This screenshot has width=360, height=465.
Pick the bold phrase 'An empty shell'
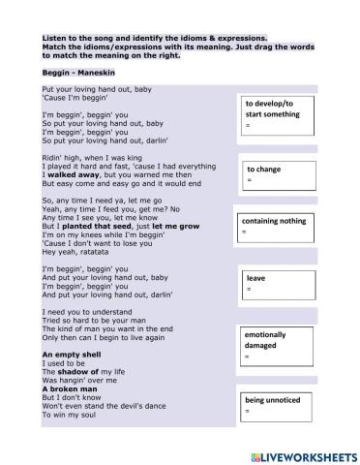(70, 355)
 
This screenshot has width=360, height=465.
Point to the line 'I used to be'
(62, 363)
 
